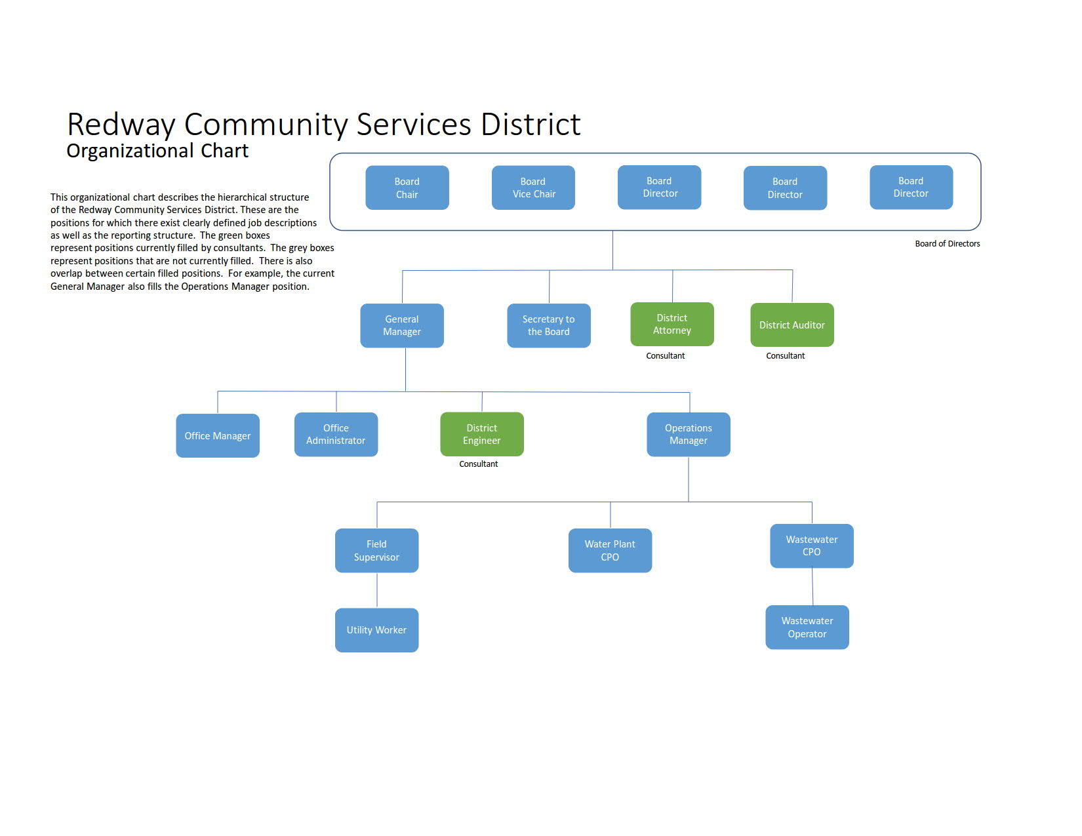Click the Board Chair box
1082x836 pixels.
407,188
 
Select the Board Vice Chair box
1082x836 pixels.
533,188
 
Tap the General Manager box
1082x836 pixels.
402,326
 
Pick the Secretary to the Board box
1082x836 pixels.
549,326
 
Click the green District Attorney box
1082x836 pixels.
671,324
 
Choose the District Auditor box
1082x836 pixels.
791,325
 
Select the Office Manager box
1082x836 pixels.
218,435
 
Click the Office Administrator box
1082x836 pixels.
336,434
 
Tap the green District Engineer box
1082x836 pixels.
482,434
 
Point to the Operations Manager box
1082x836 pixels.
688,434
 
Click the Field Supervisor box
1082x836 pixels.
376,551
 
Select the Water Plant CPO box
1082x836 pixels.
610,551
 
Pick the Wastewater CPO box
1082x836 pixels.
812,546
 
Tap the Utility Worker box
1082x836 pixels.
376,630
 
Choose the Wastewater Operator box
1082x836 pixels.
807,627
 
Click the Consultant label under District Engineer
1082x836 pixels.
478,464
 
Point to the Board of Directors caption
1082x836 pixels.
947,243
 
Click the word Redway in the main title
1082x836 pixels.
121,125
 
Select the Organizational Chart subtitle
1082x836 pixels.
157,151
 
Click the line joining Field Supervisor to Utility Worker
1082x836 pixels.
377,591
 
